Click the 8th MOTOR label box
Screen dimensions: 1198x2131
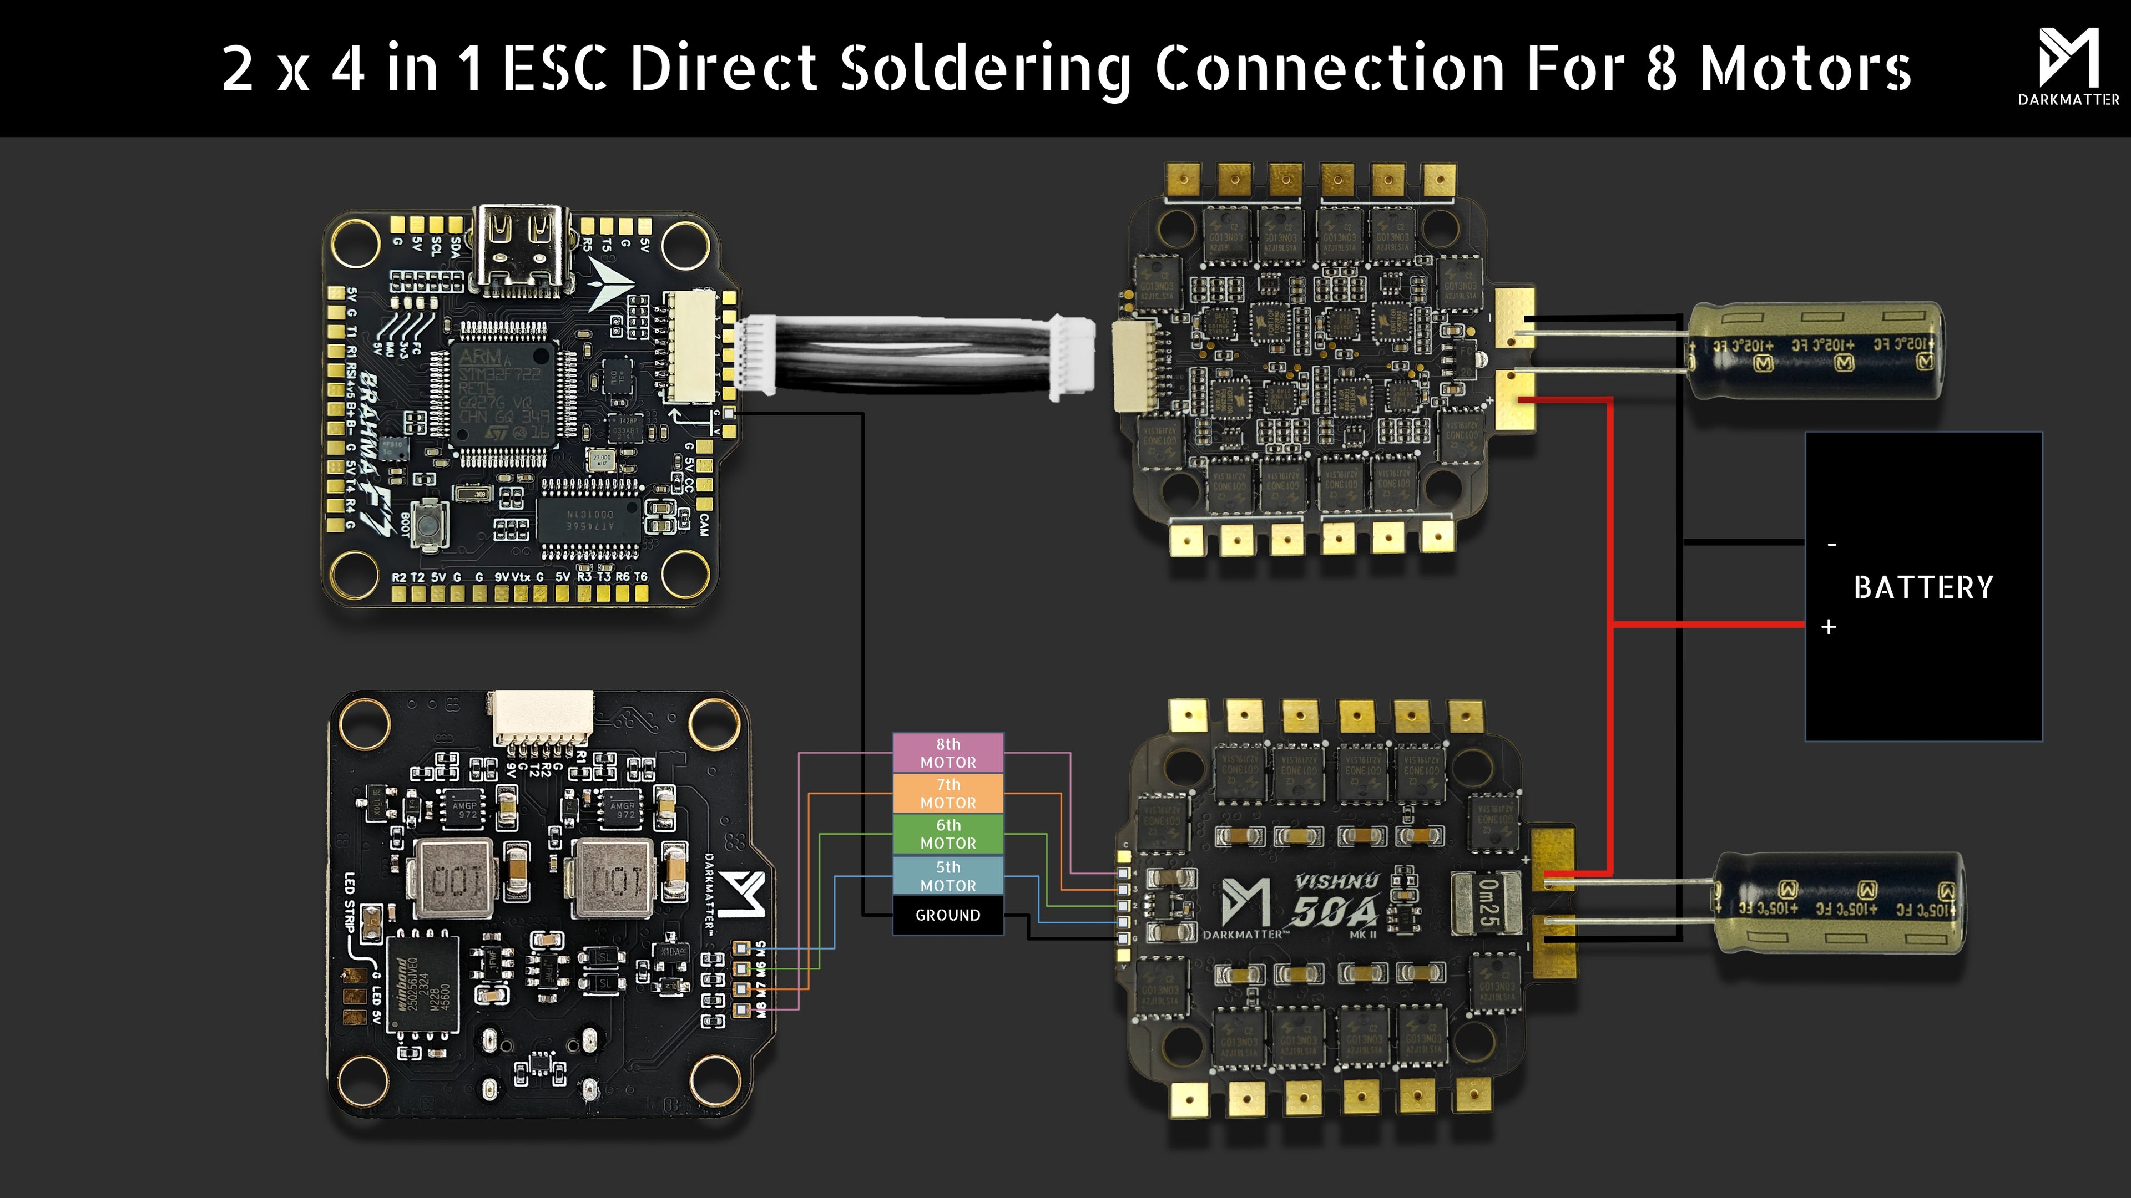coord(948,753)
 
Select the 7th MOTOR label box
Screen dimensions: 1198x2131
coord(948,793)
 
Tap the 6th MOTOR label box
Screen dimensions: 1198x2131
coord(948,834)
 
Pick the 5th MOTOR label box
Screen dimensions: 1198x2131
coord(948,876)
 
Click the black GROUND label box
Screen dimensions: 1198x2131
coord(948,915)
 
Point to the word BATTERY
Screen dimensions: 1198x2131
coord(1923,587)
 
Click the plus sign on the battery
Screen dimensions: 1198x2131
coord(1828,627)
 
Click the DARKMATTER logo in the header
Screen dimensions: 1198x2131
coord(2068,66)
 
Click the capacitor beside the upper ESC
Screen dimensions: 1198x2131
coord(1815,350)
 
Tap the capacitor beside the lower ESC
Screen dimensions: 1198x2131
coord(1838,903)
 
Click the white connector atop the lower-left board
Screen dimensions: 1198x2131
coord(543,717)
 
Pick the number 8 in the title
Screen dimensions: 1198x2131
coord(1661,69)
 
